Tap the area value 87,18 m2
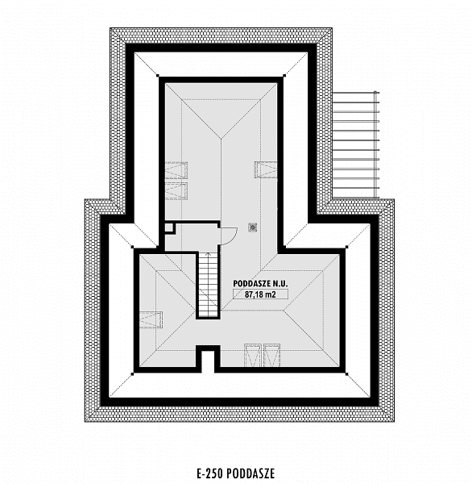click(260, 294)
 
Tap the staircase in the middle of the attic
click(208, 285)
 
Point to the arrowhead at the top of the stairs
click(208, 254)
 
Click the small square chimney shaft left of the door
click(169, 227)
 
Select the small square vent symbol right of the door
click(253, 227)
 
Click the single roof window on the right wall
click(266, 169)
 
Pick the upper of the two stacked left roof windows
click(176, 170)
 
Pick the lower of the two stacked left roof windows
click(176, 190)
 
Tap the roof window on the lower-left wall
click(151, 319)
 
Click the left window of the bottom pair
click(253, 355)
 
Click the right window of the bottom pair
click(271, 355)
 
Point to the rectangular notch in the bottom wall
click(208, 359)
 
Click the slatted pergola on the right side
click(355, 144)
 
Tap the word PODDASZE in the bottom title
click(250, 474)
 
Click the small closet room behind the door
click(192, 236)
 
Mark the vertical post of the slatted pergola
click(375, 144)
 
